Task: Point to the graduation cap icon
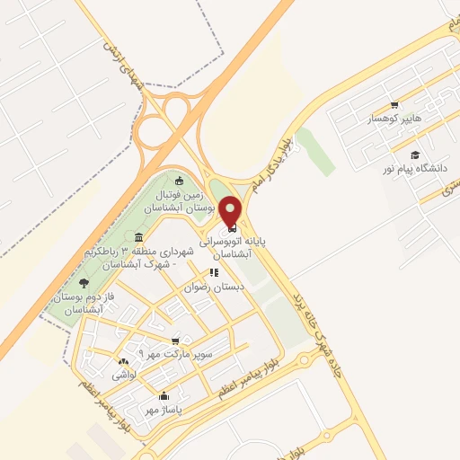414,155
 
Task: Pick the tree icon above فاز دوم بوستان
84,283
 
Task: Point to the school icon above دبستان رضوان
214,272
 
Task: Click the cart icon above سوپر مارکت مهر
175,341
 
